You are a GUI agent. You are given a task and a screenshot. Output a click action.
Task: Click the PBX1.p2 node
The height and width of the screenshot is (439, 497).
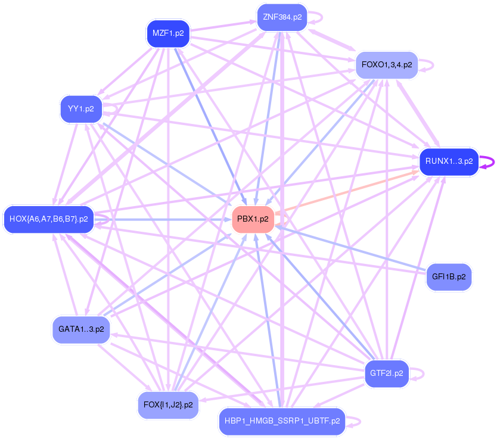(x=253, y=219)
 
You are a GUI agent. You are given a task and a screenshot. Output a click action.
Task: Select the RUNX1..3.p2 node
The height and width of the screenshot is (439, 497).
(x=449, y=161)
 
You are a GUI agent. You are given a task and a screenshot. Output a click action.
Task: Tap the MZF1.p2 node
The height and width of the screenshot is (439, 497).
(x=167, y=33)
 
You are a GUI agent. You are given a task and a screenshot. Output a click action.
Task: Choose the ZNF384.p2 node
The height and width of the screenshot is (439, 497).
(x=282, y=17)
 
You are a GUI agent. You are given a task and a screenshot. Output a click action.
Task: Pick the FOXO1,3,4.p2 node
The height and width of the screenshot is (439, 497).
(x=387, y=64)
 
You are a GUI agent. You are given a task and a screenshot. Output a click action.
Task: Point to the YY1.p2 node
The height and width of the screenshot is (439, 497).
(x=81, y=109)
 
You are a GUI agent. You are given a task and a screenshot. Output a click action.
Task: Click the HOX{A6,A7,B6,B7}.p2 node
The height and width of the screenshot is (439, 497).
(x=48, y=219)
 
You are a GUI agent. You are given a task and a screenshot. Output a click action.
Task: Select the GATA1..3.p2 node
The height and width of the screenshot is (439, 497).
(x=81, y=329)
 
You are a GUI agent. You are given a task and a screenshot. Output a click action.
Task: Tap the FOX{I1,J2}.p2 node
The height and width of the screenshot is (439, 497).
(x=167, y=405)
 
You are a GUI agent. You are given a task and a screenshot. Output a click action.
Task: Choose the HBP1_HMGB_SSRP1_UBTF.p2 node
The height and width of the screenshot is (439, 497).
(x=282, y=421)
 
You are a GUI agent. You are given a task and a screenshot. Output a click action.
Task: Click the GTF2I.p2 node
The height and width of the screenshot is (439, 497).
(x=387, y=374)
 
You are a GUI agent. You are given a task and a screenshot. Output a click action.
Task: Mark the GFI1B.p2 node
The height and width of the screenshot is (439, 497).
(x=449, y=277)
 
